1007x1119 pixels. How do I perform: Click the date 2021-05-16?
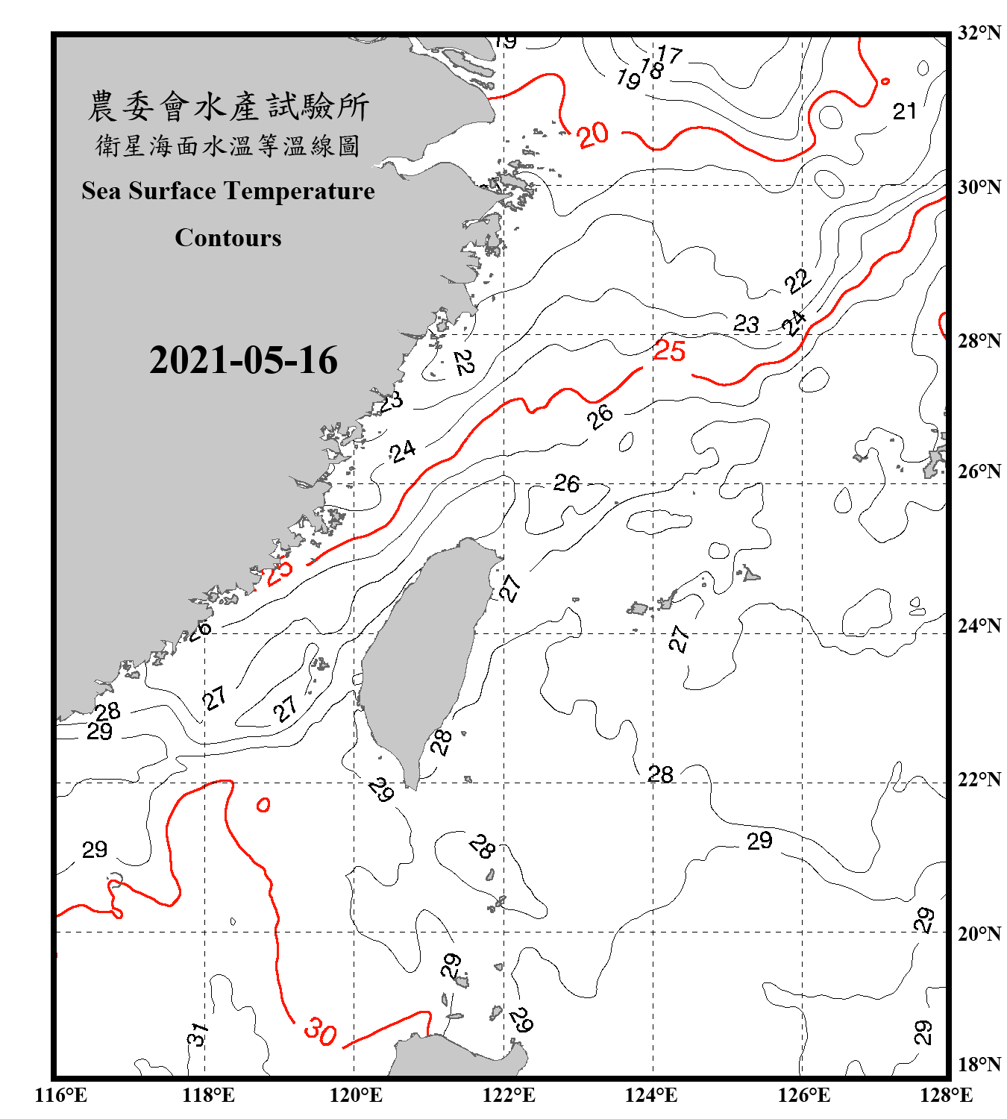point(243,360)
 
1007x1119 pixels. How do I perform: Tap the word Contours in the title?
point(228,238)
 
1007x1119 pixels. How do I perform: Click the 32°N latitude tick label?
point(979,33)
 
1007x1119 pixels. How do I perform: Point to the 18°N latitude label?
point(979,1065)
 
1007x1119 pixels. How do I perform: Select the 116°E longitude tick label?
point(60,1096)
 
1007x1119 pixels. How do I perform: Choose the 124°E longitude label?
point(651,1096)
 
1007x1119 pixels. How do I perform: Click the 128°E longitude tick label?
point(946,1096)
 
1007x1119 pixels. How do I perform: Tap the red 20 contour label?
point(593,135)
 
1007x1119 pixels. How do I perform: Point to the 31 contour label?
point(196,1035)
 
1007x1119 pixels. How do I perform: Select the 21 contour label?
point(905,112)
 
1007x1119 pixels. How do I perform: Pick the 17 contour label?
point(670,54)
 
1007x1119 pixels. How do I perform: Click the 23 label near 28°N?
point(746,324)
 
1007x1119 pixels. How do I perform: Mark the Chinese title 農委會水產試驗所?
point(228,107)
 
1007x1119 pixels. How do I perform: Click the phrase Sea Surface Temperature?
point(228,192)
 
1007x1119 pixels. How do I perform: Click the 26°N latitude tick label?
point(979,471)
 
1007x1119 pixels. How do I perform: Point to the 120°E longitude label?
point(356,1096)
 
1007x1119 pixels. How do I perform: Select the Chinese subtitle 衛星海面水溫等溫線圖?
point(228,146)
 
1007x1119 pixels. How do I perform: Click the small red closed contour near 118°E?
point(263,805)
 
